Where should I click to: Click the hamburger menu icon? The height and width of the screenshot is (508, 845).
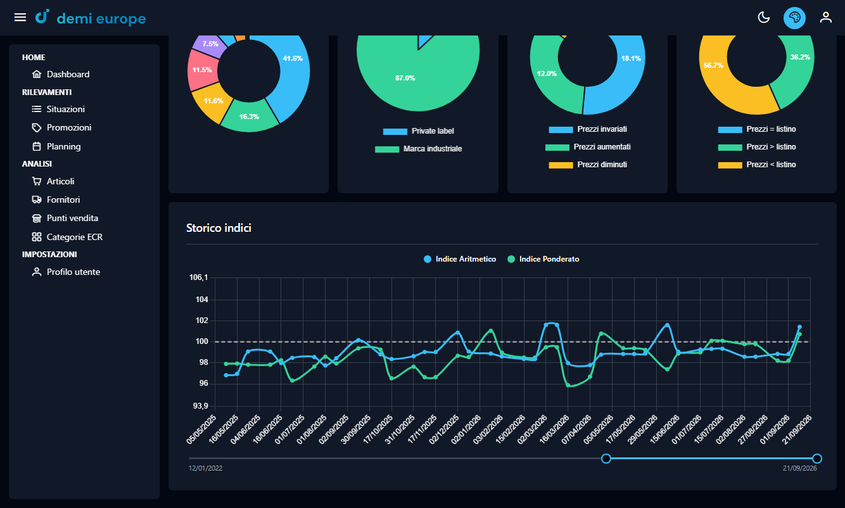click(20, 17)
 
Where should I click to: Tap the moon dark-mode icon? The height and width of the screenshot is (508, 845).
click(763, 17)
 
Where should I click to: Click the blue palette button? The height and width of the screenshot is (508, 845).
click(794, 18)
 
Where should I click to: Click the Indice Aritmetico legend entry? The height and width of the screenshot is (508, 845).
click(460, 259)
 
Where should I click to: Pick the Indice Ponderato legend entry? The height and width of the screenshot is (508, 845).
click(543, 259)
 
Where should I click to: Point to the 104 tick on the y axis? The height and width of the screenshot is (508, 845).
click(202, 300)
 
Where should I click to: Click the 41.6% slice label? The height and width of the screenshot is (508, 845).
click(293, 58)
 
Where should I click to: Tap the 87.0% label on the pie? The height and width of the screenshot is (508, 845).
click(405, 78)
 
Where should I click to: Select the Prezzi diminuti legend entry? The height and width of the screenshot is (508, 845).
click(588, 165)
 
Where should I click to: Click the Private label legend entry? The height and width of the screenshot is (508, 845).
click(418, 131)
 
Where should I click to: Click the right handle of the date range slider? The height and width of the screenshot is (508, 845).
click(817, 459)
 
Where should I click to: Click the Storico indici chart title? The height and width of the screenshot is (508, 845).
click(219, 228)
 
